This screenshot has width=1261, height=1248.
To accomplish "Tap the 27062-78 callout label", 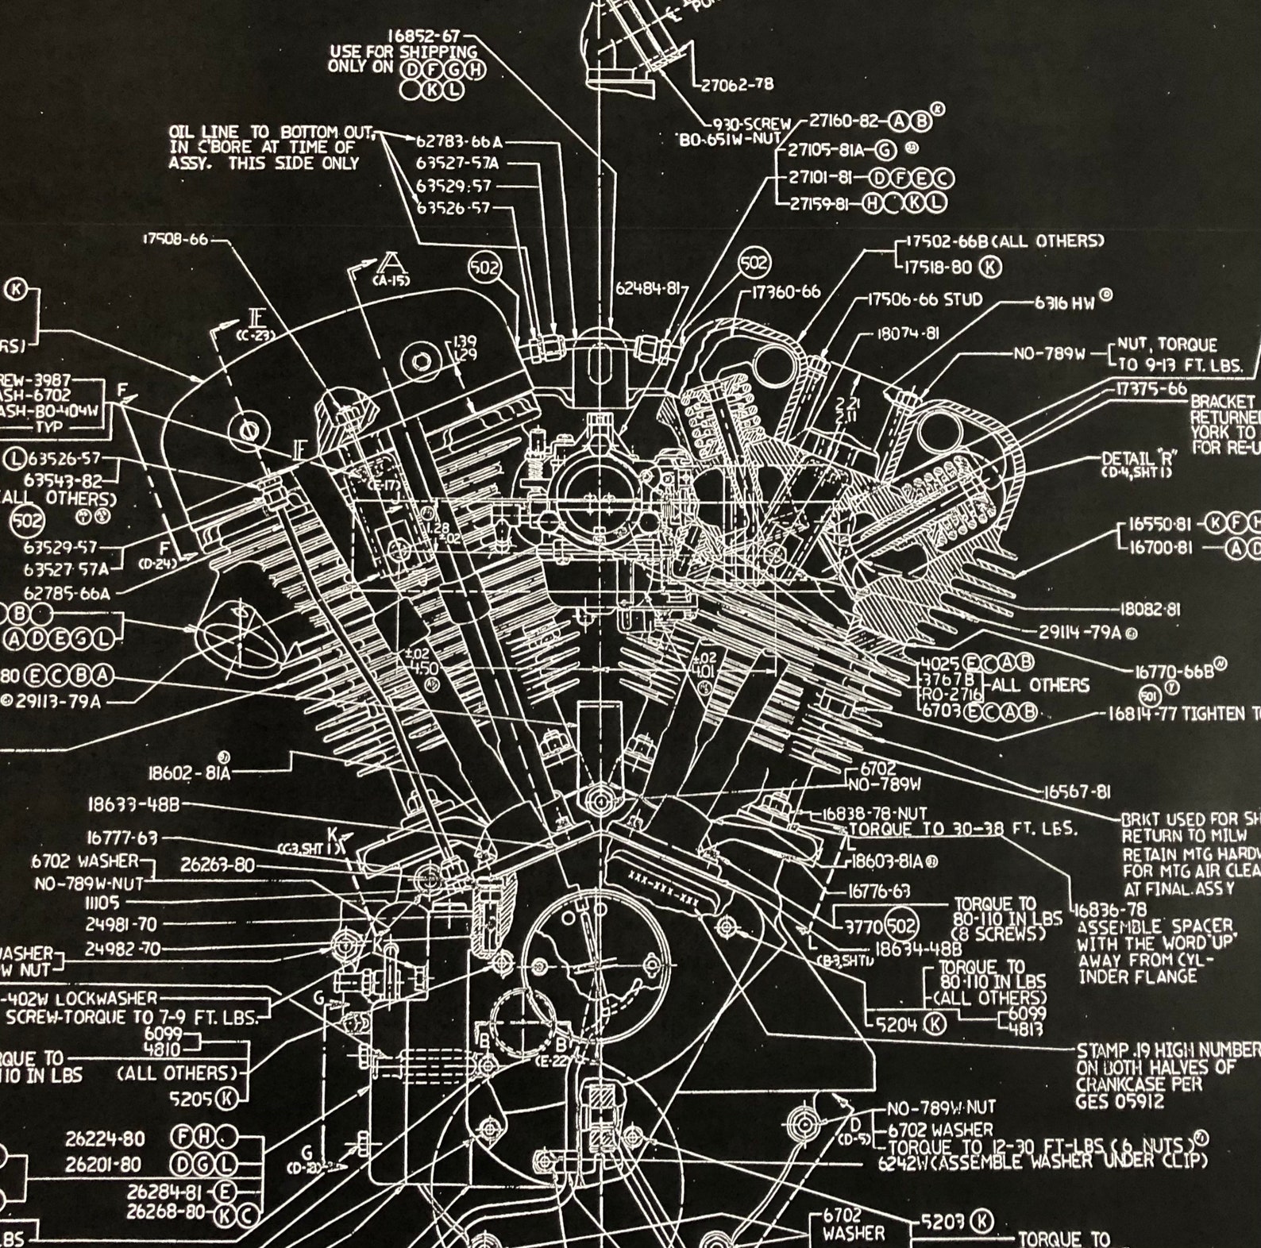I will [x=736, y=84].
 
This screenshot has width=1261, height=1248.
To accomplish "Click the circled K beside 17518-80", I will [x=990, y=267].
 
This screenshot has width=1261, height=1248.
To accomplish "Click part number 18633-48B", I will [x=133, y=805].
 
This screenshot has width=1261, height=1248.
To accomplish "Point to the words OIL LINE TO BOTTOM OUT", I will [x=271, y=132].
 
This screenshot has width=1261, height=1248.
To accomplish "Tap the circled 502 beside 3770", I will [x=900, y=925].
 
